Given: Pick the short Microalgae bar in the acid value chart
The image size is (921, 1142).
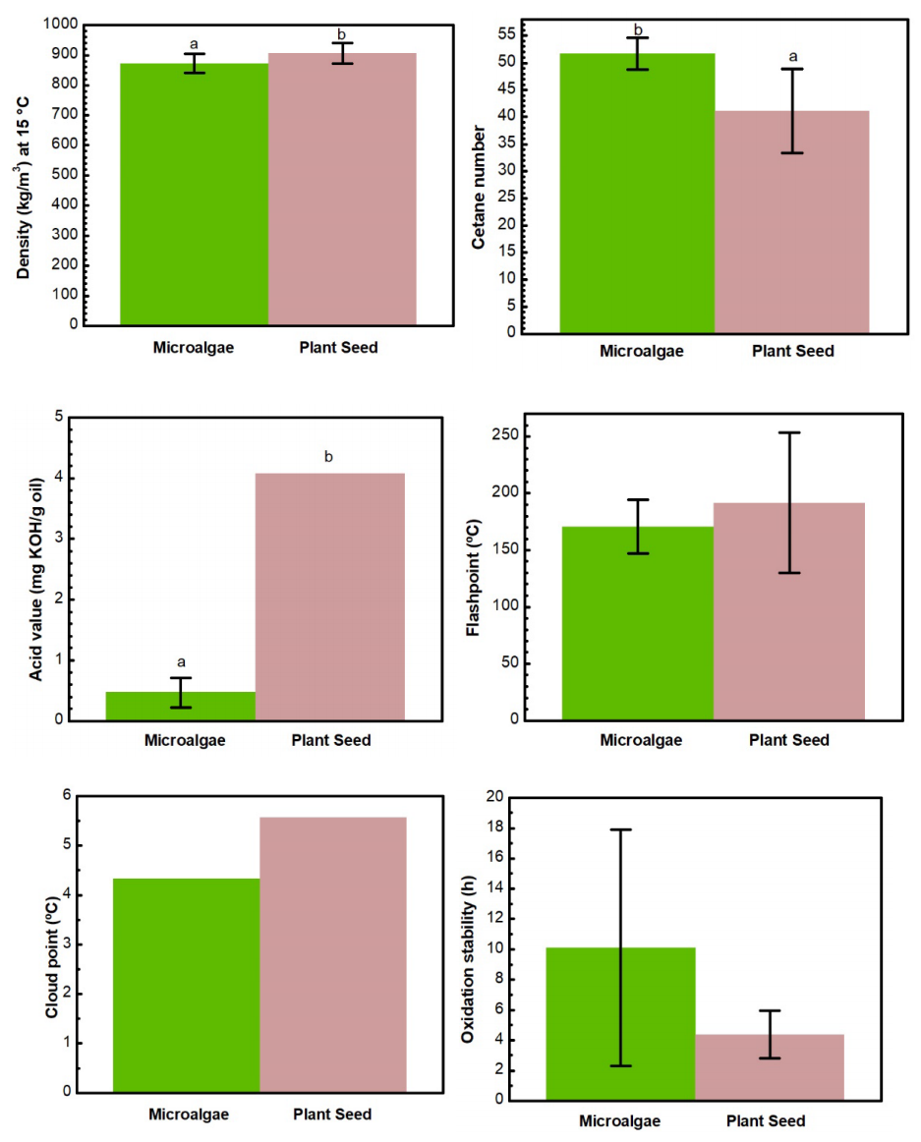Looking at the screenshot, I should (181, 706).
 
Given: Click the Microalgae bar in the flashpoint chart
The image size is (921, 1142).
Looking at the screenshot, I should (638, 623).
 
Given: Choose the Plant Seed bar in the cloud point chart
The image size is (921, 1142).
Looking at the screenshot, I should (333, 953).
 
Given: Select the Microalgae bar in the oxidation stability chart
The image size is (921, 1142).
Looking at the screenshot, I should (620, 1023).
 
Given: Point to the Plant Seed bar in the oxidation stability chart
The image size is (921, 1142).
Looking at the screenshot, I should (770, 1066).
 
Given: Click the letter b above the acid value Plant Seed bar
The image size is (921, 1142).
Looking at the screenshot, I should (329, 458).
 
